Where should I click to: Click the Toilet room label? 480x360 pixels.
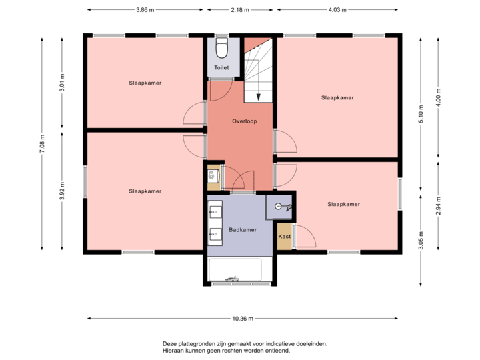(221, 68)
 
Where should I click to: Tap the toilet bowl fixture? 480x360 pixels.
(222, 49)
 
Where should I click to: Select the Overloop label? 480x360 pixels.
(245, 121)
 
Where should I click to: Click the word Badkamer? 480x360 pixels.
(242, 229)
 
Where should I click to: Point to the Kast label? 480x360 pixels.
(284, 237)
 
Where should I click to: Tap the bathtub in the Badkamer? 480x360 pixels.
(235, 270)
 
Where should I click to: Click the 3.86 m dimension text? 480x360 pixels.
(145, 10)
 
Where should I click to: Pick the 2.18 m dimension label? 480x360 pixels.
(240, 10)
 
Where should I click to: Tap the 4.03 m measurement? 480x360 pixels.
(338, 10)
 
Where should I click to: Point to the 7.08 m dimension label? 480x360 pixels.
(42, 143)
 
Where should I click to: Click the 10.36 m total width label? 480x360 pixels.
(243, 318)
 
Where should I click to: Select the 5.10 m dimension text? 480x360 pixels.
(420, 109)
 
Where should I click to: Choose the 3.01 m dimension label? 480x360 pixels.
(62, 82)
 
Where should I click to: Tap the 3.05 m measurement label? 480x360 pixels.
(420, 241)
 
